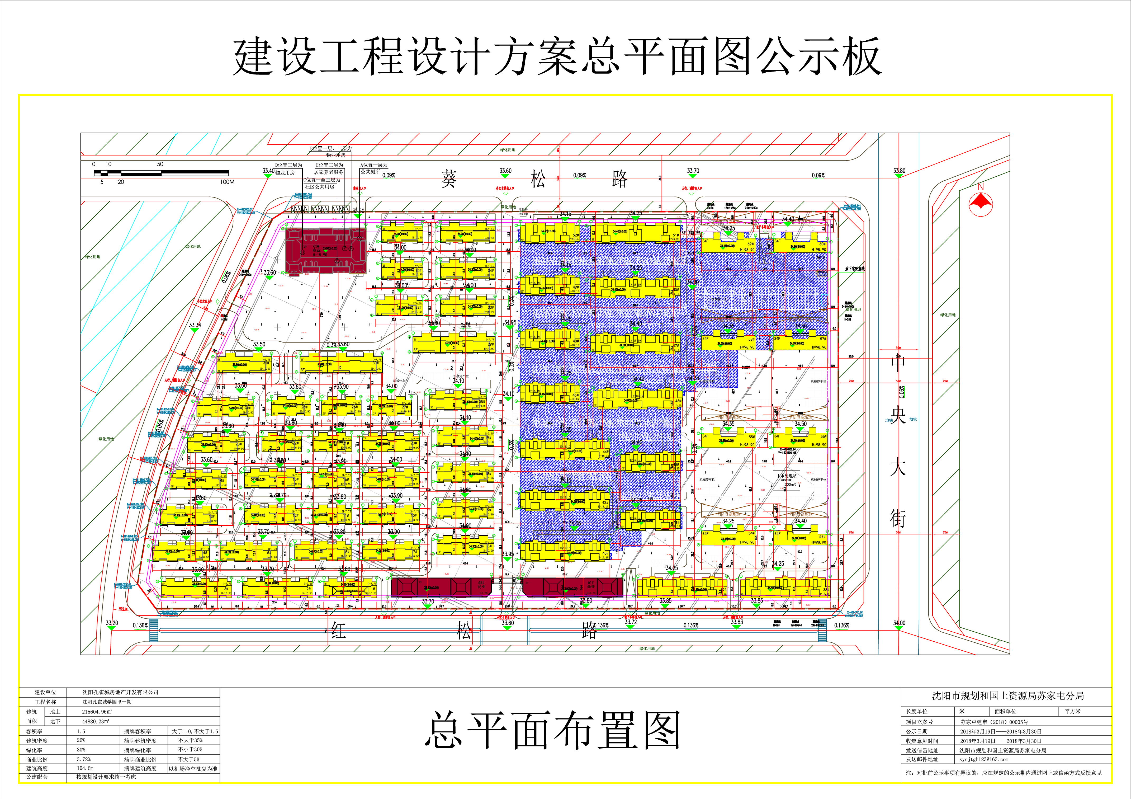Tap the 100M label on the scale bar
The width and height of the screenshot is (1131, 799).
[x=227, y=182]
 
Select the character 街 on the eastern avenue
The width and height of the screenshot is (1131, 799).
[x=897, y=519]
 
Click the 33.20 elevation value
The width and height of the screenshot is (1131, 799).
[x=112, y=623]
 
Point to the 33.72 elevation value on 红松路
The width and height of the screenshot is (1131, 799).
[x=631, y=622]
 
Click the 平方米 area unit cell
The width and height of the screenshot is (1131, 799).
[x=1072, y=711]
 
